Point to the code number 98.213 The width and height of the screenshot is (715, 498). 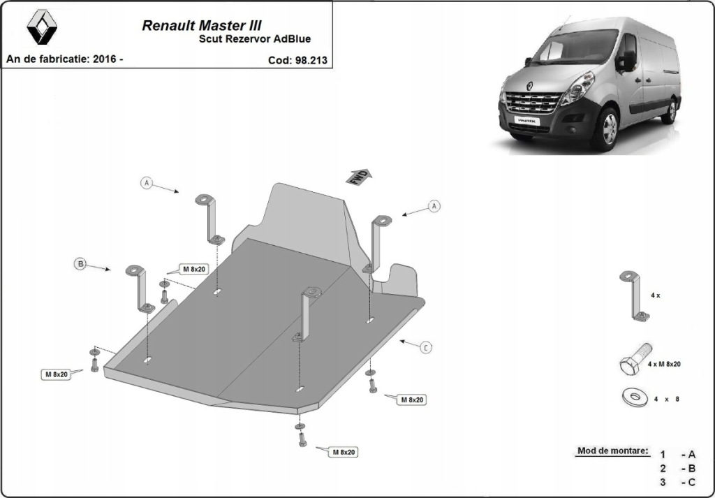pyautogui.click(x=311, y=60)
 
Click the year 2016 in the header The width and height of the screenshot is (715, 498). pyautogui.click(x=104, y=59)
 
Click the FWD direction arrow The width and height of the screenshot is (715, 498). pyautogui.click(x=359, y=177)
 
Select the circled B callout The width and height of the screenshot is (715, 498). pyautogui.click(x=81, y=264)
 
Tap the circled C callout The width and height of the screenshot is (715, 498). pyautogui.click(x=425, y=346)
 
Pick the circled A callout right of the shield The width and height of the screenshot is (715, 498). pyautogui.click(x=434, y=206)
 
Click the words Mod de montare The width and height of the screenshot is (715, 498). pyautogui.click(x=612, y=451)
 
